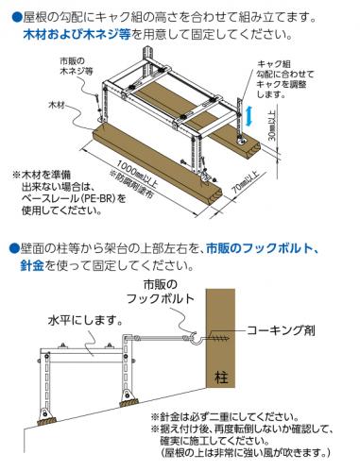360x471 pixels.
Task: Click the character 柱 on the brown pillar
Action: [x=220, y=376]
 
